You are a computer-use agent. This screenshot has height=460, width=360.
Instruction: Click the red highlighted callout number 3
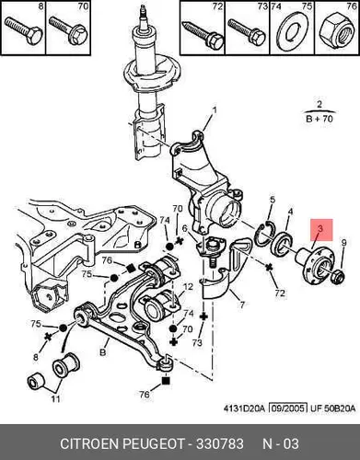(x=321, y=229)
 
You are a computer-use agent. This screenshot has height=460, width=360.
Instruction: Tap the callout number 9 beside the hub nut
(x=343, y=243)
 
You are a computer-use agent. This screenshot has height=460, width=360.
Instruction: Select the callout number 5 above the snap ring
(x=273, y=201)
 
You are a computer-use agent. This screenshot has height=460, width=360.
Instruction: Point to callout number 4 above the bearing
(x=290, y=212)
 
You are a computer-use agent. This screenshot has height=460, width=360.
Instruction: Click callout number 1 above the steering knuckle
(x=215, y=110)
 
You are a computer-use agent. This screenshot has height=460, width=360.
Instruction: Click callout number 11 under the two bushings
(x=55, y=399)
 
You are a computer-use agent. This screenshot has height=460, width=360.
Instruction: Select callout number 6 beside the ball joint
(x=184, y=228)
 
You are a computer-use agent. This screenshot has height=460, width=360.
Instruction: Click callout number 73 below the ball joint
(x=197, y=342)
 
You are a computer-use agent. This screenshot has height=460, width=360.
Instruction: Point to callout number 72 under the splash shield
(x=280, y=293)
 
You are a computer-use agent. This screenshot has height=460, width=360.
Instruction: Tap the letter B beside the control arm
(x=103, y=351)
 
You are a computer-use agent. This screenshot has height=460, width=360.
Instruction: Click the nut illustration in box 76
(x=336, y=31)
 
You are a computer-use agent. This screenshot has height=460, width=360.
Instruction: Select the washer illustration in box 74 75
(x=291, y=32)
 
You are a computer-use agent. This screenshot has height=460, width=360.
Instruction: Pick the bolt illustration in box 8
(x=24, y=31)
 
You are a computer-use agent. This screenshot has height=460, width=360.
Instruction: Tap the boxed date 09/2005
(x=288, y=408)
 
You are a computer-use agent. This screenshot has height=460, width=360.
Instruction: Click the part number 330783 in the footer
(x=220, y=444)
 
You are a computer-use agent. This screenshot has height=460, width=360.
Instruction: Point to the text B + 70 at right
(x=319, y=119)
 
